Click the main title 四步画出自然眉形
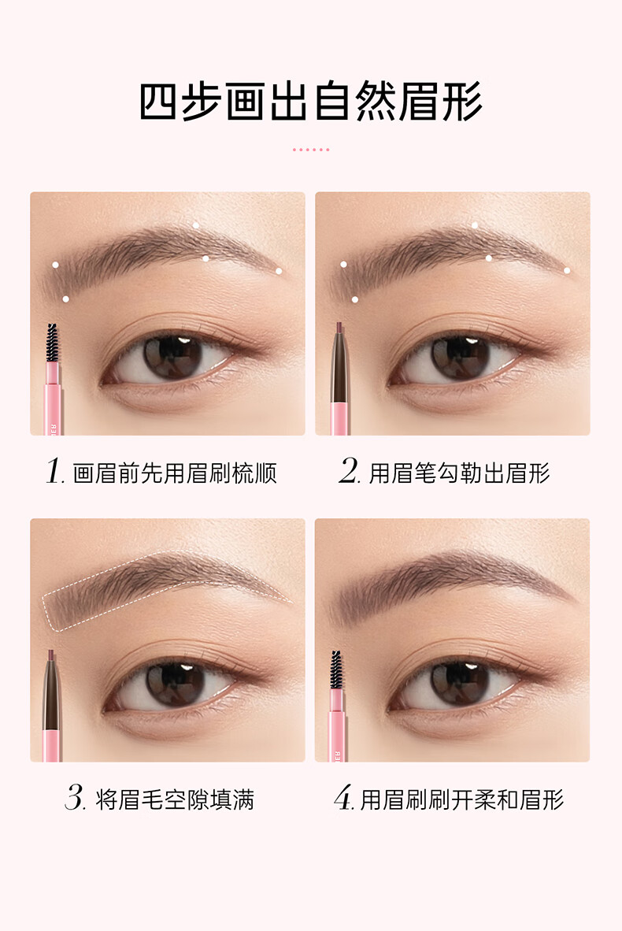point(310,102)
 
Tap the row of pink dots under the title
point(310,150)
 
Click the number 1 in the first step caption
point(54,472)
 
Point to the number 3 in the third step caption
point(76,797)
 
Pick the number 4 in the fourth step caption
point(344,797)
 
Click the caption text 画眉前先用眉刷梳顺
point(175,474)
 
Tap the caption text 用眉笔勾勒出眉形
point(459,473)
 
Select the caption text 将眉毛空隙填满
point(175,799)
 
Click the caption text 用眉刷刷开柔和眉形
point(461,799)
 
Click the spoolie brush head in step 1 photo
point(52,343)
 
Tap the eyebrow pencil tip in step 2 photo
point(339,328)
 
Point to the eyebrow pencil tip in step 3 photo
point(51,655)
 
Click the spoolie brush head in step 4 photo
point(336,670)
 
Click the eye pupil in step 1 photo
point(172,356)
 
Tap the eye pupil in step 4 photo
point(459,683)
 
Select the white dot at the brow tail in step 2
point(567,271)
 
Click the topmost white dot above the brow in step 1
point(196,225)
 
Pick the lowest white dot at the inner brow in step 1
point(65,299)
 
